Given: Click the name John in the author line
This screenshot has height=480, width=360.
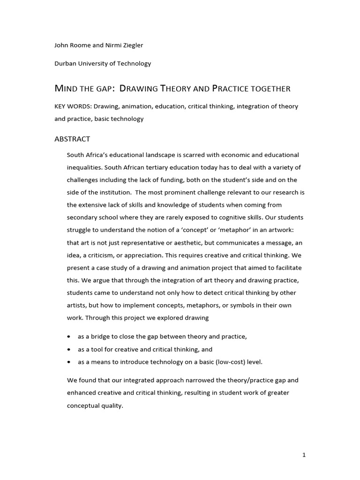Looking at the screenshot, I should (x=62, y=45).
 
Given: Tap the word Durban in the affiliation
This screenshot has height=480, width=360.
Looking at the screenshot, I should (x=66, y=64).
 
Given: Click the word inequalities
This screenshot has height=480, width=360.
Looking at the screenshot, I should (x=84, y=167).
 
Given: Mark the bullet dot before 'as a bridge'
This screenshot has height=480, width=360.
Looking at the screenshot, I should (x=69, y=337).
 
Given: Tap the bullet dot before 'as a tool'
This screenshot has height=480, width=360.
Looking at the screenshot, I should (x=69, y=350).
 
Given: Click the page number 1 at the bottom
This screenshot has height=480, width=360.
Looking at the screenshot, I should (x=304, y=455).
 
